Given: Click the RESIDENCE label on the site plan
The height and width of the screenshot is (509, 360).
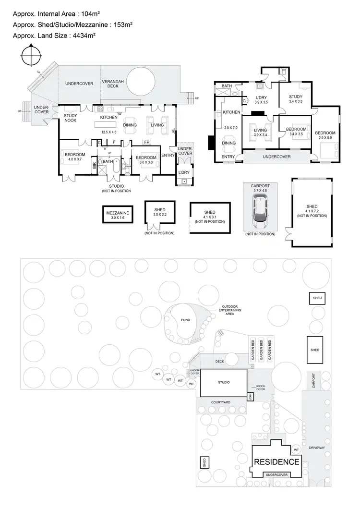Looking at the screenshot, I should [x=276, y=462].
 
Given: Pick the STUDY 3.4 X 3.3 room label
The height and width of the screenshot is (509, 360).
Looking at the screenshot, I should [x=296, y=98].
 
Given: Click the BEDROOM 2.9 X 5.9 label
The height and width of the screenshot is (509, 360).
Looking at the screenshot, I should [x=325, y=135].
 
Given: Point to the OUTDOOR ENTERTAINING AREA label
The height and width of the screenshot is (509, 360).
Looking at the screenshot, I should [x=230, y=311].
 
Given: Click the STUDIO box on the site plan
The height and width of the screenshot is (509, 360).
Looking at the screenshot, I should [x=223, y=382].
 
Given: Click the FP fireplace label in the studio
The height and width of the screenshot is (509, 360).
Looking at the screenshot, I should [x=147, y=142].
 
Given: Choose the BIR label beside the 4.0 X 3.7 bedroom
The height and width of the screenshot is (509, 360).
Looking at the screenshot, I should [x=95, y=166].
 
